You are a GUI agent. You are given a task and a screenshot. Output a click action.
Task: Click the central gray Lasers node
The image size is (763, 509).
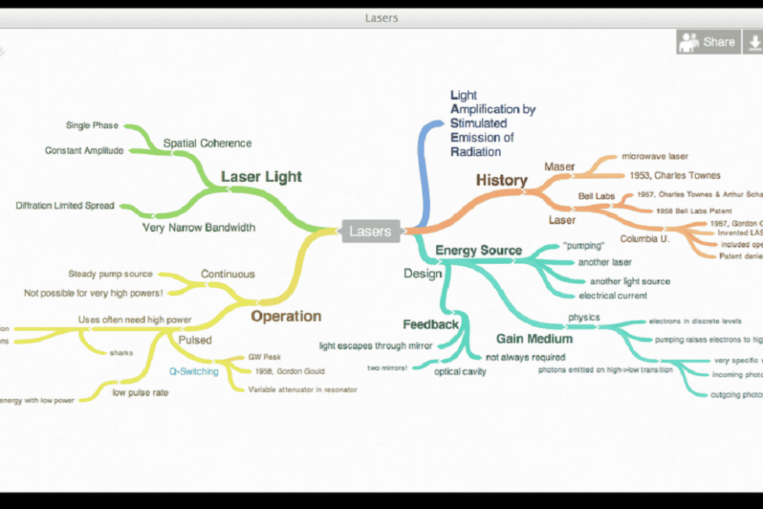point(371,231)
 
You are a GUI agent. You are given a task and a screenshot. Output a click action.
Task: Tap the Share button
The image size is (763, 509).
point(707,42)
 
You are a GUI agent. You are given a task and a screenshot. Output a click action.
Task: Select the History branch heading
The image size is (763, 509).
point(502,180)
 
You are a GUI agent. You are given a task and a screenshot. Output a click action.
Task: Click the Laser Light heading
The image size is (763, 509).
point(261,176)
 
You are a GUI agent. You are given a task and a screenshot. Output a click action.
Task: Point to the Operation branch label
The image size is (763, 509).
point(286,316)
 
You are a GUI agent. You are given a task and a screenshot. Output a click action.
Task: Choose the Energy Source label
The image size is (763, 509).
point(478,251)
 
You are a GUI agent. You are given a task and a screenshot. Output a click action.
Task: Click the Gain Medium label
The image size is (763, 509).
point(534,339)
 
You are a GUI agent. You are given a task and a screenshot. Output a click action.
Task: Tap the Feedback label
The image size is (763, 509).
point(431,324)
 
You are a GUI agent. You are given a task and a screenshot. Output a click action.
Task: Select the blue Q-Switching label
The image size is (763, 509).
point(194,372)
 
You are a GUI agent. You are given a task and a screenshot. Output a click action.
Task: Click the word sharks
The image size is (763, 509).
point(121,353)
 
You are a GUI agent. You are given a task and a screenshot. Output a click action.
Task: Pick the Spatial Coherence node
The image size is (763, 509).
point(208,144)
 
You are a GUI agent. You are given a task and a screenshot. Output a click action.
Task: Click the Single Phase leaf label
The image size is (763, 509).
point(92,126)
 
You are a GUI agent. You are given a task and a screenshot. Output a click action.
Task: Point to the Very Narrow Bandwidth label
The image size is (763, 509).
point(199,228)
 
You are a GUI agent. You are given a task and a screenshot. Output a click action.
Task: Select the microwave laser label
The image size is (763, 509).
point(655,157)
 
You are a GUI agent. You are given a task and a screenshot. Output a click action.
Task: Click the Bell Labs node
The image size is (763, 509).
point(596,196)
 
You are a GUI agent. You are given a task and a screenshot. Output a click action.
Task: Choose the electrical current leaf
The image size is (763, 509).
point(612,296)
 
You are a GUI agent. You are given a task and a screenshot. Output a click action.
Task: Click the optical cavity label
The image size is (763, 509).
point(460,372)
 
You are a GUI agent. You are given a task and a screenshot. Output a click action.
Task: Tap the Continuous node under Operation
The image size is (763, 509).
point(228,274)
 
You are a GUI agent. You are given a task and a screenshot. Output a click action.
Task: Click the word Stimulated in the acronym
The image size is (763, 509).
point(478,123)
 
